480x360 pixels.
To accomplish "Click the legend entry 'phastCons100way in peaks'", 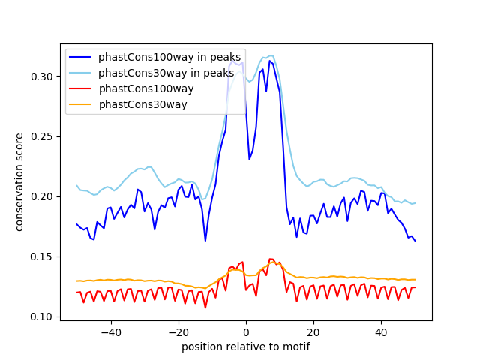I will pyautogui.click(x=169, y=57).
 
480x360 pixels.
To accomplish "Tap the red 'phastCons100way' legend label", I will pyautogui.click(x=146, y=88).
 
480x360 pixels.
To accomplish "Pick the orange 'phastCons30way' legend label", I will pyautogui.click(x=142, y=104).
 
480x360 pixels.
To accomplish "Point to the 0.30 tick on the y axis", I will pyautogui.click(x=42, y=76).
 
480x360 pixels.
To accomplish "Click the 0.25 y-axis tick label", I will pyautogui.click(x=42, y=136).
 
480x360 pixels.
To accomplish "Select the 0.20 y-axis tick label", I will pyautogui.click(x=42, y=196).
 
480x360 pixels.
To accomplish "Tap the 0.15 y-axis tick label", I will pyautogui.click(x=42, y=256).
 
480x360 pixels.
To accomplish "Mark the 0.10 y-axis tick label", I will pyautogui.click(x=42, y=316).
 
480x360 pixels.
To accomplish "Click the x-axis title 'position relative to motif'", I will pyautogui.click(x=245, y=346).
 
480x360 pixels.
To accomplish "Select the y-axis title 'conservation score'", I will pyautogui.click(x=19, y=182).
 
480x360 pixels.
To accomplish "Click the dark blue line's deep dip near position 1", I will pyautogui.click(x=250, y=159).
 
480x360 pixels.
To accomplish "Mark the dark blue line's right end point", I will pyautogui.click(x=415, y=240).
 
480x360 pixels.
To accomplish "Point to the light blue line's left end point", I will pyautogui.click(x=76, y=185).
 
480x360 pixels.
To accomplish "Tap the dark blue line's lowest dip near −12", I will pyautogui.click(x=205, y=240).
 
